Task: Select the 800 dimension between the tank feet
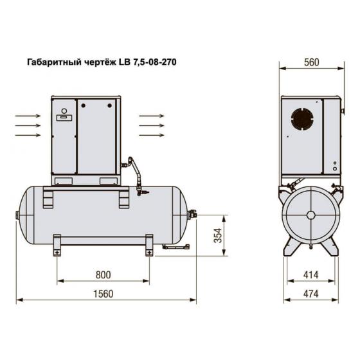103,274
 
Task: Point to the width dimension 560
311,62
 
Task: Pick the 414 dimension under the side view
311,274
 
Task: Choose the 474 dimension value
311,294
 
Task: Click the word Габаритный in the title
52,62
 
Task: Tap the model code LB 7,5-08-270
146,62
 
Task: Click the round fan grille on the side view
302,120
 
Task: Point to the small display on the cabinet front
63,118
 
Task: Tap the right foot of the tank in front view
149,245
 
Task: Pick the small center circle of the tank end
311,216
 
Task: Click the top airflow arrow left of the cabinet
28,116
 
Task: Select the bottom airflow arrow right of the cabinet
152,136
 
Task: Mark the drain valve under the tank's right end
174,246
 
